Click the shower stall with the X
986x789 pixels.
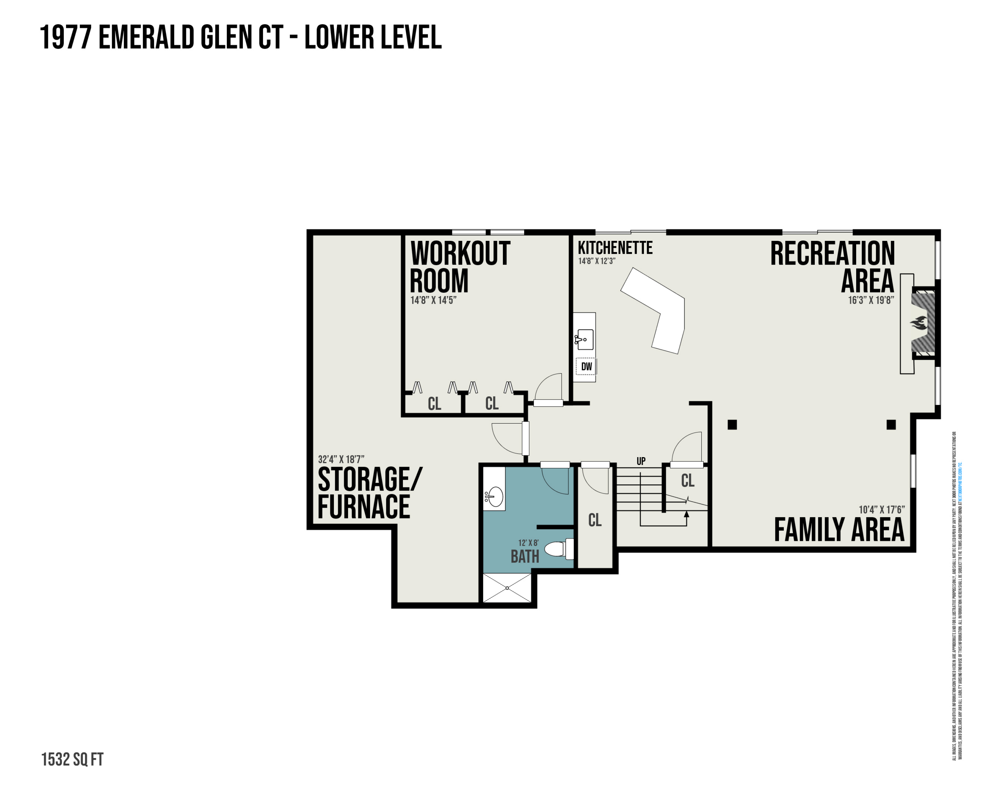pos(507,588)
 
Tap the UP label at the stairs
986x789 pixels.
pos(641,461)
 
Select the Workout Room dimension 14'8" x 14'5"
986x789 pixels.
pos(433,300)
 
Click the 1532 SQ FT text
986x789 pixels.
pos(72,759)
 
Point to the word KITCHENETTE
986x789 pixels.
pos(615,248)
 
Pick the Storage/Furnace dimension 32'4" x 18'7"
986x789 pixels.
pos(341,459)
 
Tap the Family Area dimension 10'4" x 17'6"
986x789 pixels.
pos(881,509)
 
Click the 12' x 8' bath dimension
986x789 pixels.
pos(528,543)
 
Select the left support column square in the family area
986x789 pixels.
pos(732,425)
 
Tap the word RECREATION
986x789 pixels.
pos(832,253)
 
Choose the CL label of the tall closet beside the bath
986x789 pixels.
pos(595,520)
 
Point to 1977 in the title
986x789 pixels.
pos(65,37)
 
